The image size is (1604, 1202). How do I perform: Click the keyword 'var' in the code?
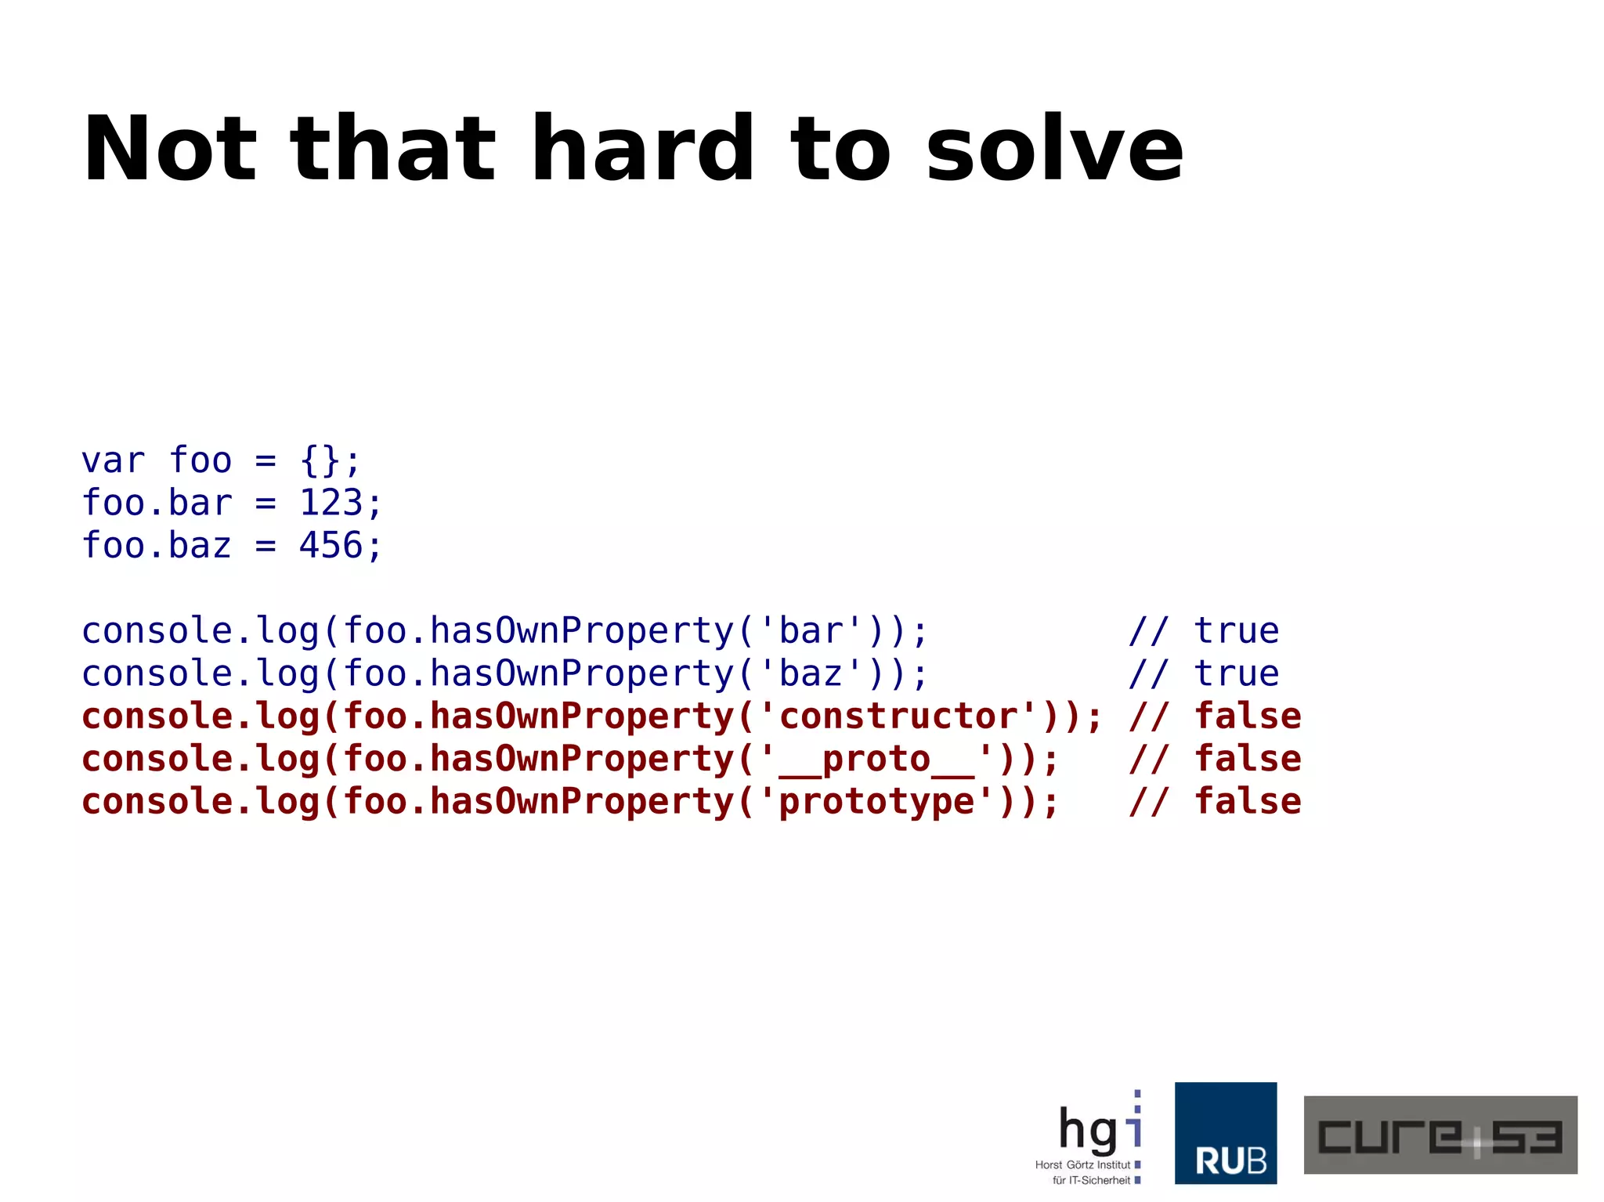coord(114,460)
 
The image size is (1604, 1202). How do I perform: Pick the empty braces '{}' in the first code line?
coord(320,460)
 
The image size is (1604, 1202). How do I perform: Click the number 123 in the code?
coord(331,503)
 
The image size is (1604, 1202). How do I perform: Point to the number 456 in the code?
coord(331,546)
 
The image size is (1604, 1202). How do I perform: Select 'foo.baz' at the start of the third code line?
coord(157,546)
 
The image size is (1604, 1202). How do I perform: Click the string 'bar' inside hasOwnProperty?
coord(811,631)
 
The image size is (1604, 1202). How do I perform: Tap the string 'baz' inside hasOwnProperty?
coord(811,673)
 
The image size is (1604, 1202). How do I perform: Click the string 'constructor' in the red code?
coord(898,717)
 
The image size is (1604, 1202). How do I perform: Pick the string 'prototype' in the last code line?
coord(876,802)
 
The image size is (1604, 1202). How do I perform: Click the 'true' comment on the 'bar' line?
coord(1236,631)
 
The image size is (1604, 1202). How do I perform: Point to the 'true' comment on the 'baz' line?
coord(1236,673)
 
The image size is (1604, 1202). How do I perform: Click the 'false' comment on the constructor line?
coord(1247,717)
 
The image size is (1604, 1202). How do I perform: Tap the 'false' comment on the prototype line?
coord(1247,802)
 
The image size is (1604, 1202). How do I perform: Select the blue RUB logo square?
coord(1226,1133)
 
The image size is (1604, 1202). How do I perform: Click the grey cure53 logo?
coord(1440,1135)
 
